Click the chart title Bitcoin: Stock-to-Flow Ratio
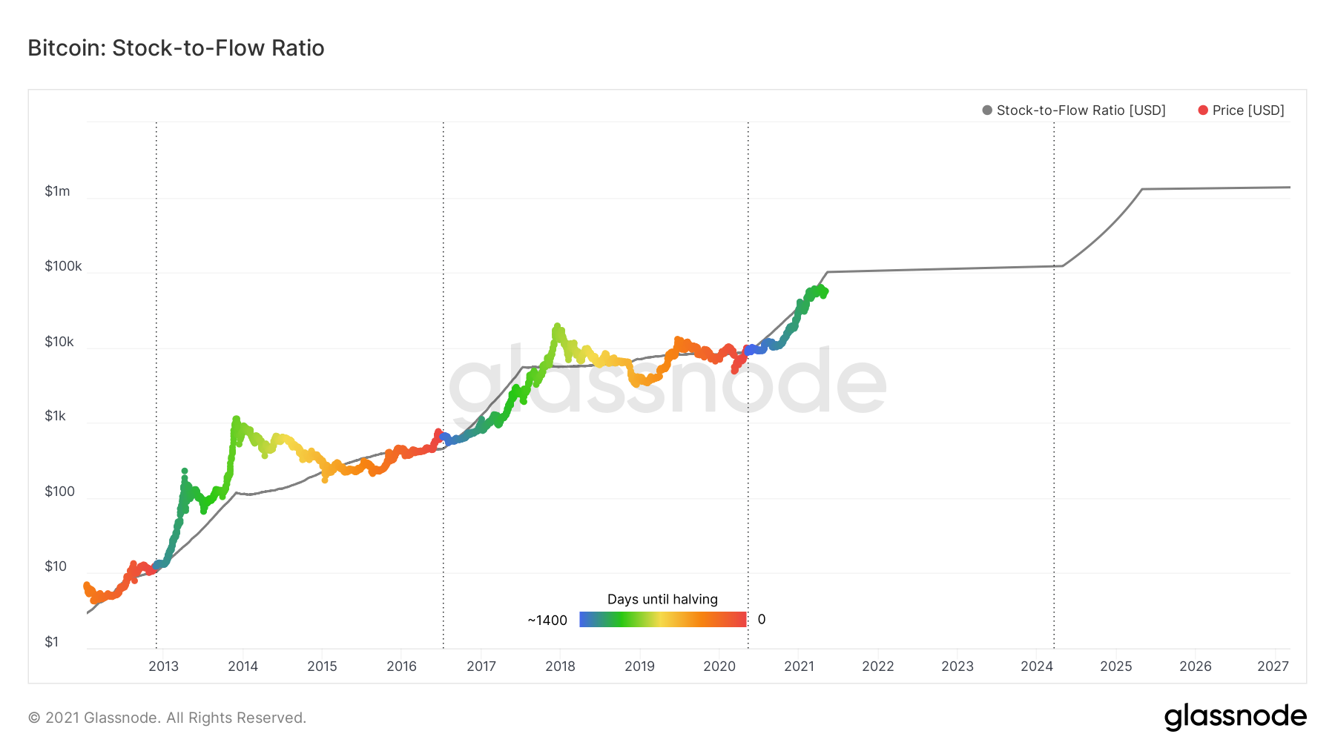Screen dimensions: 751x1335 (x=176, y=48)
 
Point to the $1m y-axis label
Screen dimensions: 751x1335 (x=57, y=191)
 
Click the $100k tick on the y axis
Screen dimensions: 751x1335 (x=63, y=266)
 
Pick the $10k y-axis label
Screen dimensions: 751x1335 (x=59, y=342)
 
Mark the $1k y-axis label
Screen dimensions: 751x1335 (x=56, y=416)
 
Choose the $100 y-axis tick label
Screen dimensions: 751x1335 (x=59, y=492)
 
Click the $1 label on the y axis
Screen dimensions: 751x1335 (x=51, y=642)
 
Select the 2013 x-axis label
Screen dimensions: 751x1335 (x=163, y=666)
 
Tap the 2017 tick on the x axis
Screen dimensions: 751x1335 (x=481, y=666)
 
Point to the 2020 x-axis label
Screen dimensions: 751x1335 (x=719, y=666)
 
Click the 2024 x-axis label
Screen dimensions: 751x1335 (x=1036, y=666)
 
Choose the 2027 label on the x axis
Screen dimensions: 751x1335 (x=1273, y=666)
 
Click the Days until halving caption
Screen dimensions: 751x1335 (x=662, y=599)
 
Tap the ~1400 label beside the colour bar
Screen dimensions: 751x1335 (x=547, y=621)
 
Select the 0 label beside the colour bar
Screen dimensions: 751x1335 (x=762, y=620)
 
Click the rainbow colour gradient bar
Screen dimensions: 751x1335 (x=662, y=620)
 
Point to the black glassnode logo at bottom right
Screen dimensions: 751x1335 (x=1235, y=717)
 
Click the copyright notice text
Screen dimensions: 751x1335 (x=167, y=718)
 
